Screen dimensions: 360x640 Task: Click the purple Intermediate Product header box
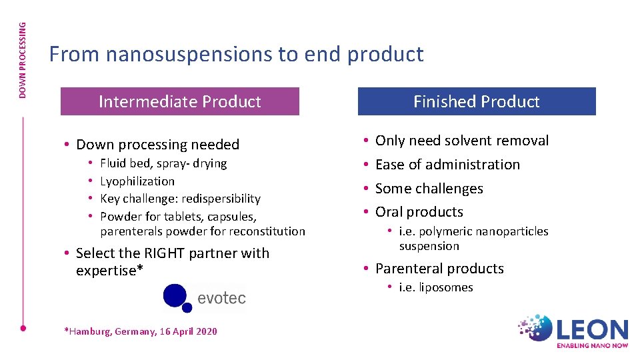pos(179,101)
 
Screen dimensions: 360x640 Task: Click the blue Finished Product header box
pos(476,101)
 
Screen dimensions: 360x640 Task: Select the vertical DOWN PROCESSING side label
pos(23,60)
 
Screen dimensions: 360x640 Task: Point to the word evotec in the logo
pos(221,298)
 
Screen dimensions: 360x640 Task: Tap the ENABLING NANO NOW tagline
pos(593,346)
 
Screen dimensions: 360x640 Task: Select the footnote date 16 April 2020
pos(187,331)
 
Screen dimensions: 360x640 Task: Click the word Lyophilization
pos(137,181)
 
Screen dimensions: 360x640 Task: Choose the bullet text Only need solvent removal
pos(462,141)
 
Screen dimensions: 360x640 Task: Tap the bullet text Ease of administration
pos(447,164)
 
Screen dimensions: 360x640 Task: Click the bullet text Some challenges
pos(429,188)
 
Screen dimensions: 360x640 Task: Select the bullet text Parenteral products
pos(439,269)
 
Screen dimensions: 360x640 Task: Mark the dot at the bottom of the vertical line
pos(23,328)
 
